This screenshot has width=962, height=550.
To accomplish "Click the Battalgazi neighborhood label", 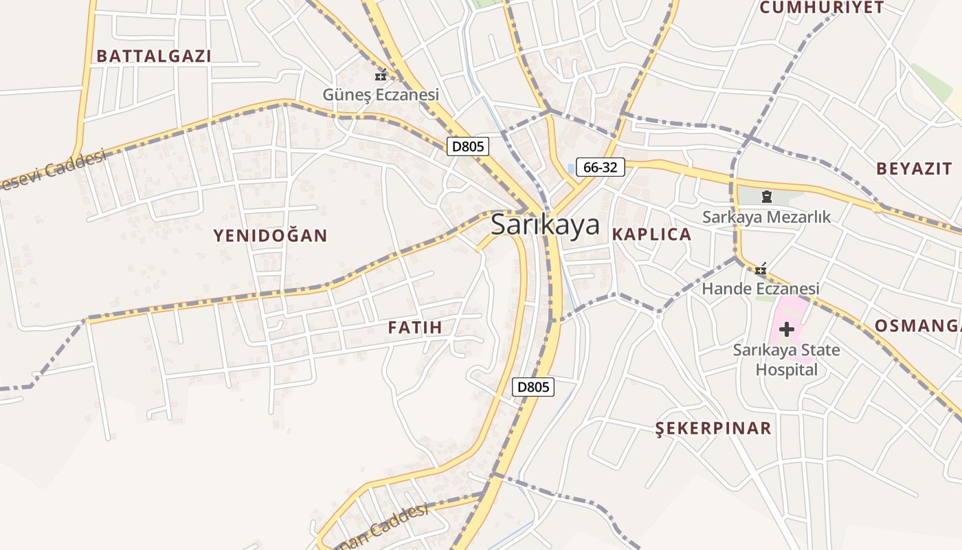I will click(154, 56).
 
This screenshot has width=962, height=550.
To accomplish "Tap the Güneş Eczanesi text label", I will click(381, 94).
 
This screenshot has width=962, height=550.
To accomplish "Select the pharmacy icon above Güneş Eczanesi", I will click(381, 76).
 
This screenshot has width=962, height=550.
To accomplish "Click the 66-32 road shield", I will click(600, 167).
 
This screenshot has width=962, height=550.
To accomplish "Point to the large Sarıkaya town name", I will click(545, 225).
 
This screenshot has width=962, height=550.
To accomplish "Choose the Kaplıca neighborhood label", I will click(651, 234).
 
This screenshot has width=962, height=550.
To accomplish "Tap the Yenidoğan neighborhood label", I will click(270, 236).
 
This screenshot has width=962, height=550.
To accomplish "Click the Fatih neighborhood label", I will click(415, 327).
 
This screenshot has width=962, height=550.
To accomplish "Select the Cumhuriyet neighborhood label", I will click(821, 8).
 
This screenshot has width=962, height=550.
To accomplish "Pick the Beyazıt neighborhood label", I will click(914, 169).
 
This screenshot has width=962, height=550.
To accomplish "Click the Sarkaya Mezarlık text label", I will click(766, 217).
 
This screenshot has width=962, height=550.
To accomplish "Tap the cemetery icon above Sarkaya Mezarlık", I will click(766, 198).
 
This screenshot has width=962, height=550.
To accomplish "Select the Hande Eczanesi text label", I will click(760, 289).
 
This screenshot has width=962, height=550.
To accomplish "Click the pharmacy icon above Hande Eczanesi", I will click(761, 269).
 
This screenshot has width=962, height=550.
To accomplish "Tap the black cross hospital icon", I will click(787, 330).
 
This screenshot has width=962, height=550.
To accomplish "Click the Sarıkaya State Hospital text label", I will click(787, 360).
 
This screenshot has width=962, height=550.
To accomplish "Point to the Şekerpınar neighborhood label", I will click(713, 429).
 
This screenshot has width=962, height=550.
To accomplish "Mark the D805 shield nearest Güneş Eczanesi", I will click(468, 146).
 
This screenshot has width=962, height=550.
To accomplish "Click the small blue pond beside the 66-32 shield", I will click(571, 168).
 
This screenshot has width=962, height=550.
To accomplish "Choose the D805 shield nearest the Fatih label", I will click(533, 387).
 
